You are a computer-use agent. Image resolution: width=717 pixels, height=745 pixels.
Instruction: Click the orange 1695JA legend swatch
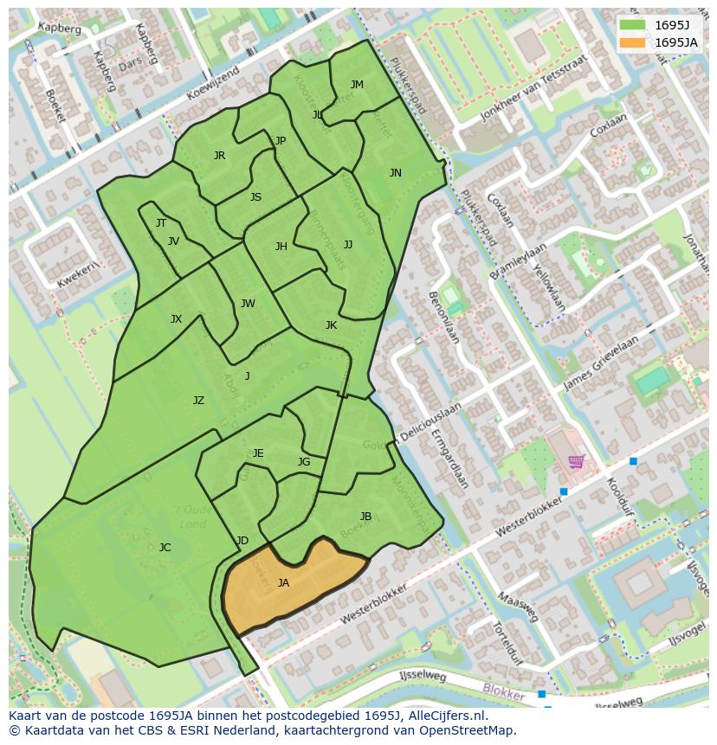click(632, 42)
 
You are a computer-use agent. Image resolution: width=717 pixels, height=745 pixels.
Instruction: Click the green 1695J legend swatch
click(632, 25)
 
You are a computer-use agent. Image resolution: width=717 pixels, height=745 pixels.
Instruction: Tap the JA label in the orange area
click(283, 583)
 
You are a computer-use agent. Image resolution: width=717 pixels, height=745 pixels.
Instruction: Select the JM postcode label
click(357, 85)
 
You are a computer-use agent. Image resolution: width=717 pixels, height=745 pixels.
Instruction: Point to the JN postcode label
click(396, 173)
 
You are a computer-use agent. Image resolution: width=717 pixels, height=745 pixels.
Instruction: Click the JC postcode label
click(165, 548)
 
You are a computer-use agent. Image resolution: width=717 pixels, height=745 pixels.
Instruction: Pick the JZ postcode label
click(198, 401)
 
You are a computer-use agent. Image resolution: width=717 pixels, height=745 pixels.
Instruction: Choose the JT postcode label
click(161, 223)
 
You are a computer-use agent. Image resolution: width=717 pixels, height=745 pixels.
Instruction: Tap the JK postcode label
click(331, 325)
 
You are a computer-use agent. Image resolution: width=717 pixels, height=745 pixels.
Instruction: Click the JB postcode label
click(365, 517)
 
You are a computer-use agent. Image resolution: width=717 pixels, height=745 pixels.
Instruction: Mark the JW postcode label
click(248, 304)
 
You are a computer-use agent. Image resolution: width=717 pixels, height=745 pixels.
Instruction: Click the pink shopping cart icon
click(576, 461)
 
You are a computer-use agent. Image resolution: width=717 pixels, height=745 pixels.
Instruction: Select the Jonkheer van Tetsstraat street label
click(528, 93)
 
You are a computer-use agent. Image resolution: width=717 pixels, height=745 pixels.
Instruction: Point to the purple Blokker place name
click(503, 694)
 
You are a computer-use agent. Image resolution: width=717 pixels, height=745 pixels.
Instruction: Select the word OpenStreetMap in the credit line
click(466, 730)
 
